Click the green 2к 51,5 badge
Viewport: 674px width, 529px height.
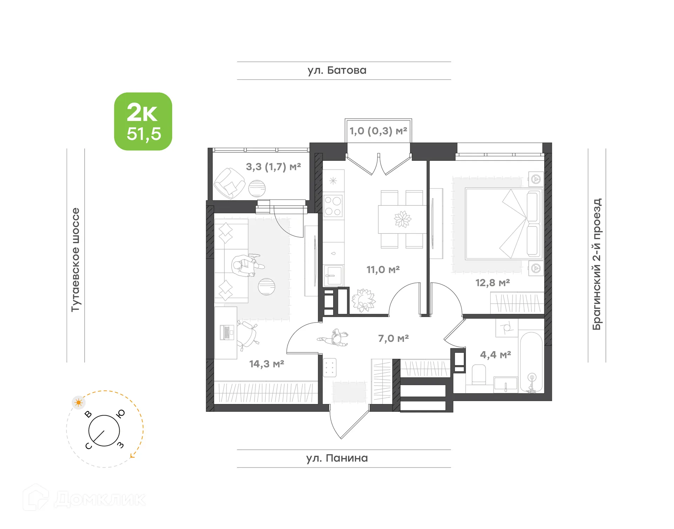(143, 121)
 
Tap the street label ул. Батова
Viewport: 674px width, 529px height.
(337, 71)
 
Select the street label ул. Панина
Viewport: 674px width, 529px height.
(337, 458)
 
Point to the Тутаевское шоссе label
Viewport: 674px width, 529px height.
(75, 259)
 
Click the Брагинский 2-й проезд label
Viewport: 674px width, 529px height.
(597, 264)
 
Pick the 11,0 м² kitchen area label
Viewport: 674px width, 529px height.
(383, 270)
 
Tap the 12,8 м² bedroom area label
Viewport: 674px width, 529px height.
(493, 283)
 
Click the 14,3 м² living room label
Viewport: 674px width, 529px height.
(266, 364)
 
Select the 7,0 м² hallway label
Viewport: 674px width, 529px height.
(393, 338)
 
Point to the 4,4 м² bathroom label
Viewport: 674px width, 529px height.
(495, 355)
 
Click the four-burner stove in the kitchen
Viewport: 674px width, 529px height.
(333, 206)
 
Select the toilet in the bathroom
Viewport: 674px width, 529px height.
(479, 374)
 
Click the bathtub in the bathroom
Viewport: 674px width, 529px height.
(531, 362)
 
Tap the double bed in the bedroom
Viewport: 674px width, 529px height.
(504, 224)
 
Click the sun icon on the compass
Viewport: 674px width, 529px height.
(78, 403)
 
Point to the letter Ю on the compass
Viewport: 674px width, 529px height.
(121, 414)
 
